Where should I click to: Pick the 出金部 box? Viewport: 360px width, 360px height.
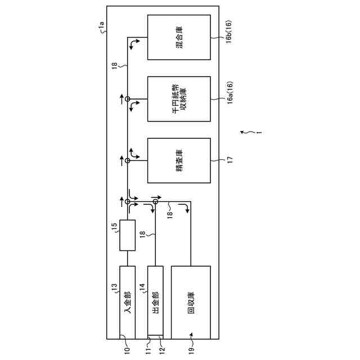(155, 301)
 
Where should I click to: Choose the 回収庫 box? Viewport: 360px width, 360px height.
(191, 301)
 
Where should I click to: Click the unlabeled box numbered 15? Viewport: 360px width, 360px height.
(128, 236)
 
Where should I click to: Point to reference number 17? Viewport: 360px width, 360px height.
(229, 160)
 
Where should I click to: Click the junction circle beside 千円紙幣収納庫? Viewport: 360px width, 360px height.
(128, 99)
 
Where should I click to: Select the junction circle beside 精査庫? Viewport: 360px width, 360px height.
(128, 160)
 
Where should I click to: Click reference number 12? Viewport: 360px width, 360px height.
(161, 350)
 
